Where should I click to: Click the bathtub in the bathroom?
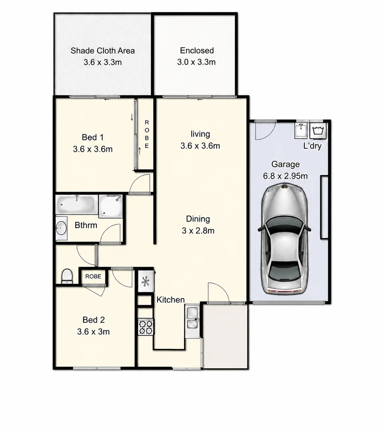76,205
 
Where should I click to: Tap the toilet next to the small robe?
67,276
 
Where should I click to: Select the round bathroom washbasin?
61,228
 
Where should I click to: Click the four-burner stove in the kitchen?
146,327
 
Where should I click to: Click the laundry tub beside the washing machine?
301,130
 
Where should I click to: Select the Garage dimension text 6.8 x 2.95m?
285,176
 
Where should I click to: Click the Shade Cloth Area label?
102,51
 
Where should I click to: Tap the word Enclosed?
197,50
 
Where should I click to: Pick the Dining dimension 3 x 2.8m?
198,231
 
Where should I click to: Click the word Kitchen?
170,300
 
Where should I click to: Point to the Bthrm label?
86,225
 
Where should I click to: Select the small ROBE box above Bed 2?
93,276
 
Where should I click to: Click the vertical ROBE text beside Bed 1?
146,134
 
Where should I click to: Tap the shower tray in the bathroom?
110,206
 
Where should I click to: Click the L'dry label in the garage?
312,146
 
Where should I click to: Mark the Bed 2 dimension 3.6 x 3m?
93,332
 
